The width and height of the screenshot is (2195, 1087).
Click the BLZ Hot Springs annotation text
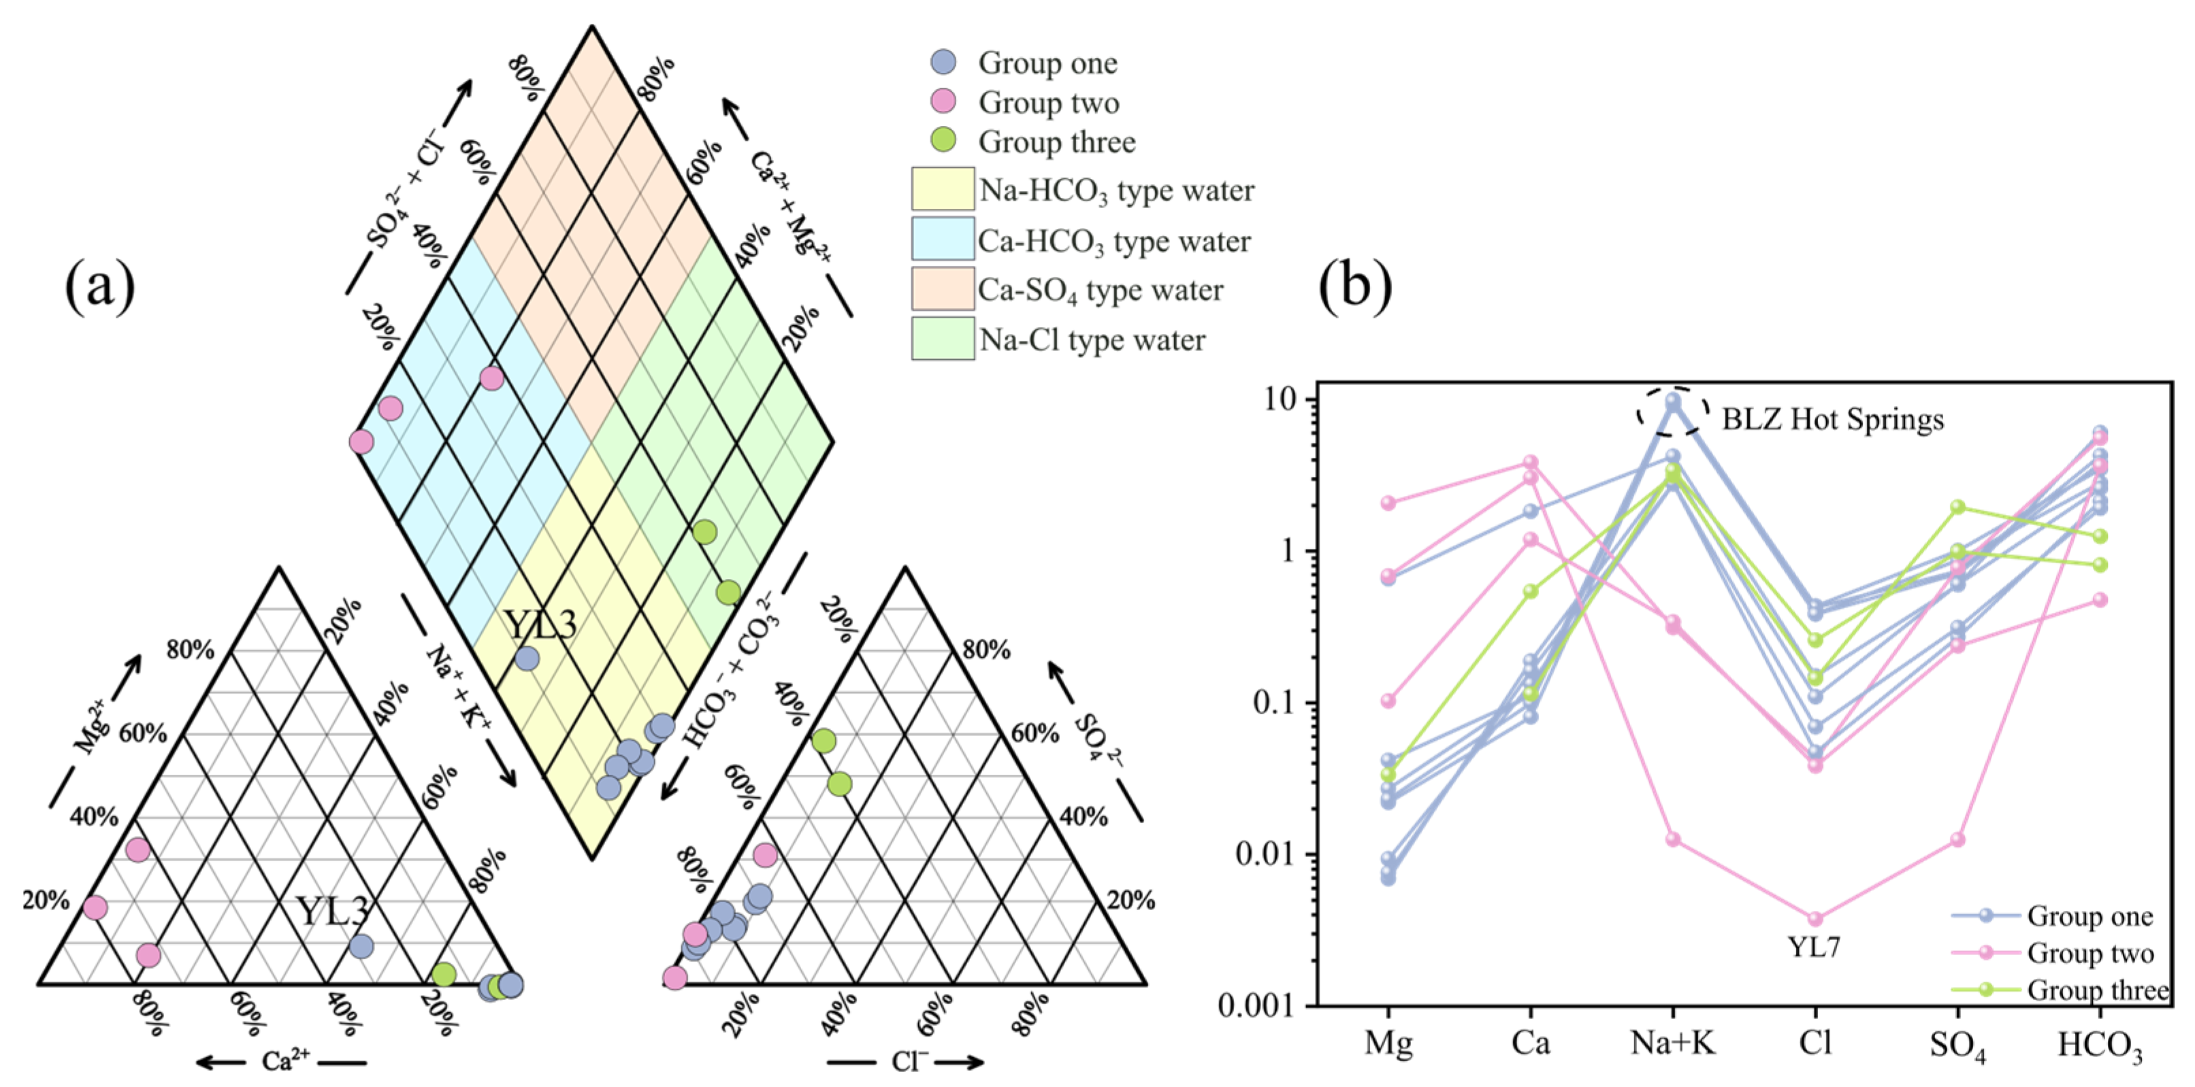[1833, 419]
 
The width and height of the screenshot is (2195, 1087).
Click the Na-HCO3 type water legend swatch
[943, 189]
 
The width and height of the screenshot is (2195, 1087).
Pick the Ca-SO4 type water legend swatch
[943, 289]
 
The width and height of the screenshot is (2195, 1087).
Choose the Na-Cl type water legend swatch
[943, 339]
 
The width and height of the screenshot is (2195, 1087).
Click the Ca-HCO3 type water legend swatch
[943, 239]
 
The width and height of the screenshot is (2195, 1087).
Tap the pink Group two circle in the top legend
[943, 102]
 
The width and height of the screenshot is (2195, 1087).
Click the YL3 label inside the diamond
[541, 624]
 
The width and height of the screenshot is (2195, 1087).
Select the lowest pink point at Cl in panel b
[1816, 919]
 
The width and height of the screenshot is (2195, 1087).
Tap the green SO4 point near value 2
[1958, 507]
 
